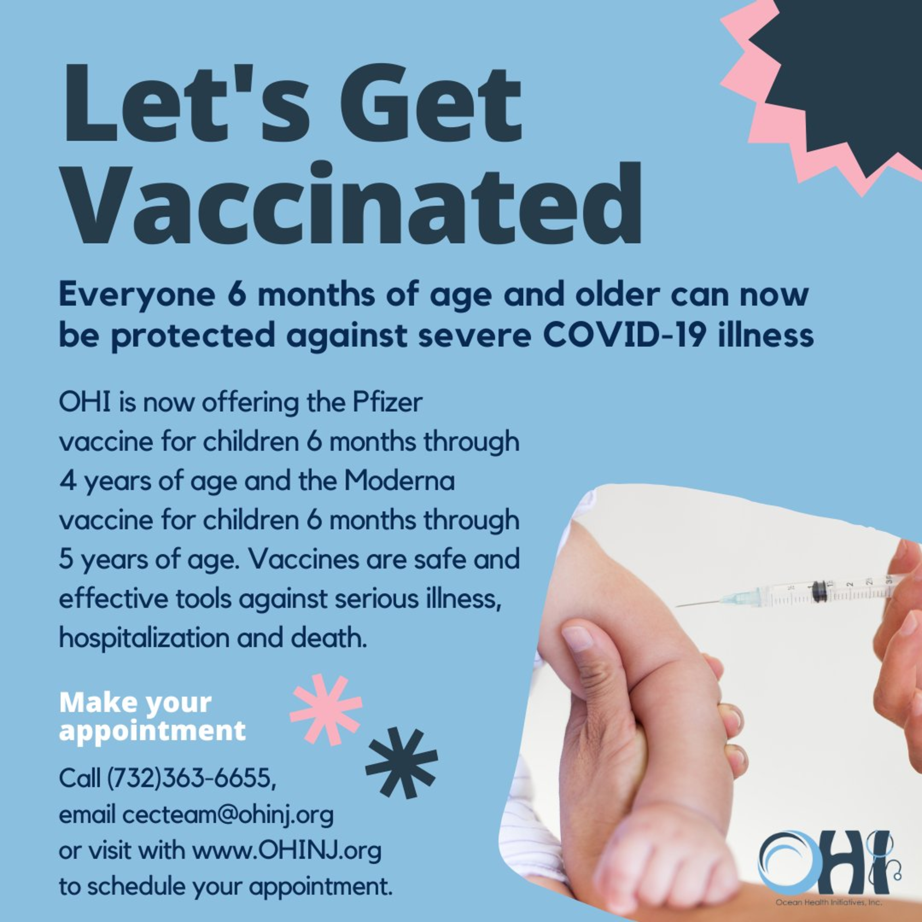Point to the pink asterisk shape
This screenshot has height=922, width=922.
[x=326, y=709]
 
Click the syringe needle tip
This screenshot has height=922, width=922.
[x=677, y=607]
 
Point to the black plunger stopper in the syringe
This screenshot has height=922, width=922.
[x=819, y=591]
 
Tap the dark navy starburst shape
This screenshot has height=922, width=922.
[x=840, y=81]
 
